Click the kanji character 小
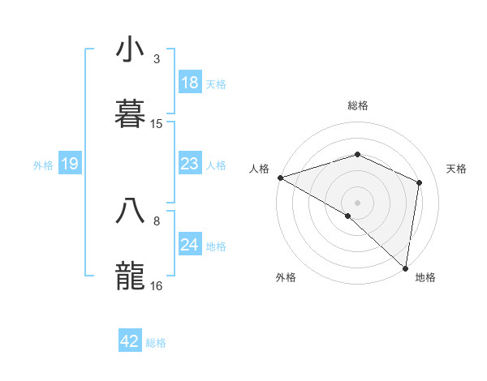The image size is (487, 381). pos(130,50)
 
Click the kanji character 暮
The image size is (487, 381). pos(130,113)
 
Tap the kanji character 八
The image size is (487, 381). pos(130,211)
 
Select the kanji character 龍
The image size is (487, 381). pos(130,275)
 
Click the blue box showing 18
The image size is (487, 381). pos(189,83)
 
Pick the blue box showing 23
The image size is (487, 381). pos(189,165)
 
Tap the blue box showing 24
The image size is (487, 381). pos(189,245)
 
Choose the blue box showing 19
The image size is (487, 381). pos(69,165)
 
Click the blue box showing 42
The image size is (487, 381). pos(130,341)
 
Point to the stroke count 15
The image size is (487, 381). pos(157,124)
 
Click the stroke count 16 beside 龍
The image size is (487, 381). pos(157,285)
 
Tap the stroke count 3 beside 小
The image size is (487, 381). pos(157,59)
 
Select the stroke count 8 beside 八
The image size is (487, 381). pos(157,220)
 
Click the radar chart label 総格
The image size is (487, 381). pos(358,105)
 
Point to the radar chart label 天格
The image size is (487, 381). pos(457,169)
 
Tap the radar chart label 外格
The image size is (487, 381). pos(286,277)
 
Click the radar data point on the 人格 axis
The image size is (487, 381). pos(279,177)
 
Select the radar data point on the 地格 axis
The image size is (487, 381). pos(405,267)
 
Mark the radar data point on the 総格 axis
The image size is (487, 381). pos(358,154)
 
